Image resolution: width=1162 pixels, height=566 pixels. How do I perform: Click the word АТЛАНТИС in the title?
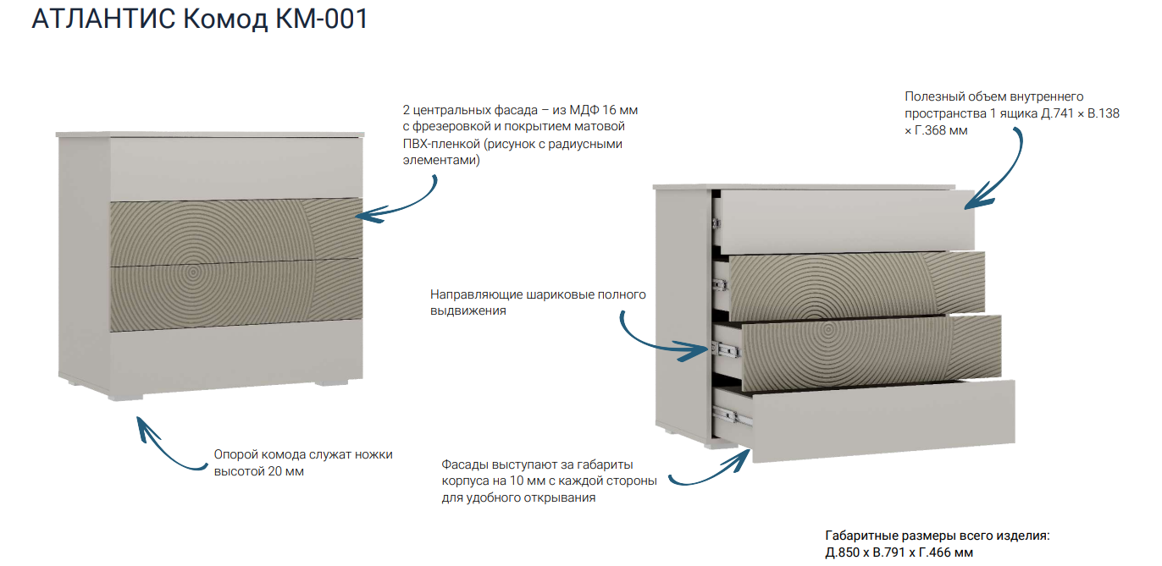click(103, 19)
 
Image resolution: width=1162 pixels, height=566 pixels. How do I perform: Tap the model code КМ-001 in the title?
click(322, 19)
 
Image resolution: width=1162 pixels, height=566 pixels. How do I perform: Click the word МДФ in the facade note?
click(584, 110)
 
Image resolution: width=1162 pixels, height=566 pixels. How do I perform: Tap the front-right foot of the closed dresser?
click(332, 383)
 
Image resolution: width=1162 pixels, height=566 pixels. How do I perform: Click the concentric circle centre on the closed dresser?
click(193, 272)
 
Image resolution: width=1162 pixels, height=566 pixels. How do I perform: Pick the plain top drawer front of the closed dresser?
click(236, 168)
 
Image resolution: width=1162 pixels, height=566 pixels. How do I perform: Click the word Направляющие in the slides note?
click(476, 294)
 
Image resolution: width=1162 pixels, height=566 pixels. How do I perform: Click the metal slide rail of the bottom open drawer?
click(733, 416)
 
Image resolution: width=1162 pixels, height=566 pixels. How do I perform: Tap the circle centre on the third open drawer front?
click(828, 329)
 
